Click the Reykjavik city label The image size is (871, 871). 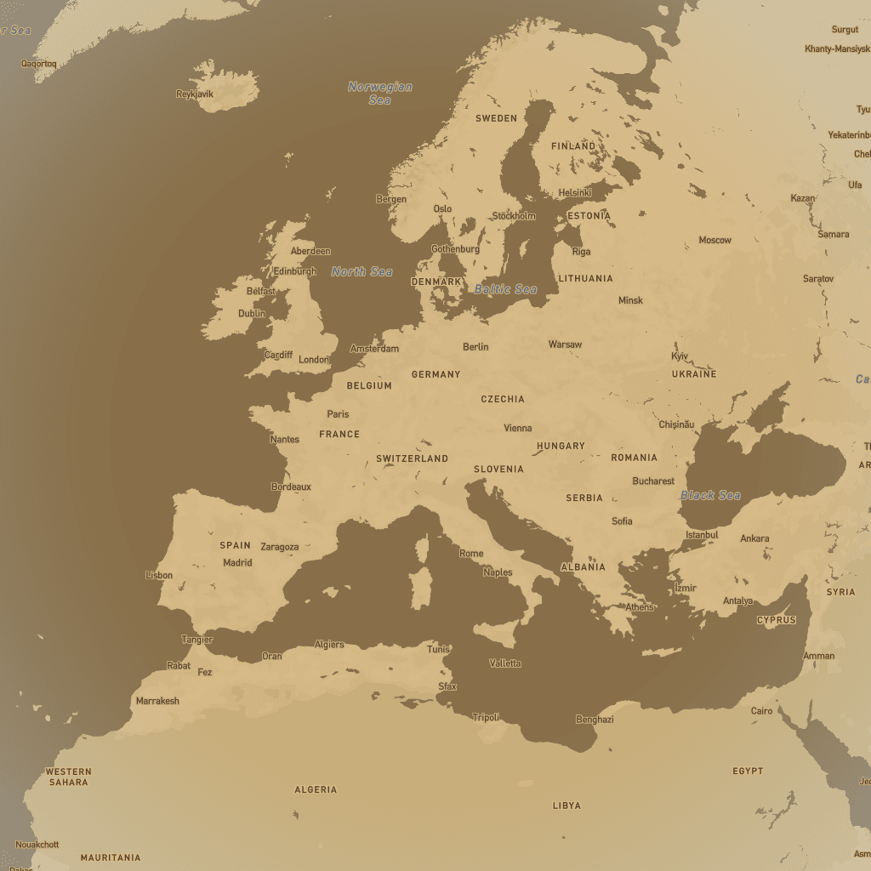[x=194, y=94]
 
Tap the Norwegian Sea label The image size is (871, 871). [x=380, y=93]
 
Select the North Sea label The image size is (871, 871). [x=362, y=271]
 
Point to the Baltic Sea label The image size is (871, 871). [x=506, y=289]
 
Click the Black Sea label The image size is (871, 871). [x=710, y=495]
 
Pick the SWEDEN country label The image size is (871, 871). [x=496, y=118]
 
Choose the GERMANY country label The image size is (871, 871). [x=435, y=374]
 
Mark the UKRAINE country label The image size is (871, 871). [x=694, y=374]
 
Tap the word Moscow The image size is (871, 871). [x=714, y=240]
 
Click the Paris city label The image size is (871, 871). [x=338, y=414]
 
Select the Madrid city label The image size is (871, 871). [x=237, y=562]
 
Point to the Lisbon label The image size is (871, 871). [x=159, y=575]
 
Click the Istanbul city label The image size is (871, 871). [x=702, y=535]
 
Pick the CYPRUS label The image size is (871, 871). [x=776, y=620]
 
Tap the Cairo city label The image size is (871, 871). [x=761, y=711]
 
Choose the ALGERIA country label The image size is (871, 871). [x=316, y=789]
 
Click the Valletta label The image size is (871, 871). [x=505, y=663]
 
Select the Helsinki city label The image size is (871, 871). [x=575, y=192]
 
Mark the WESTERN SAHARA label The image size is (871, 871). [x=68, y=777]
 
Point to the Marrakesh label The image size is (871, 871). [x=157, y=701]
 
